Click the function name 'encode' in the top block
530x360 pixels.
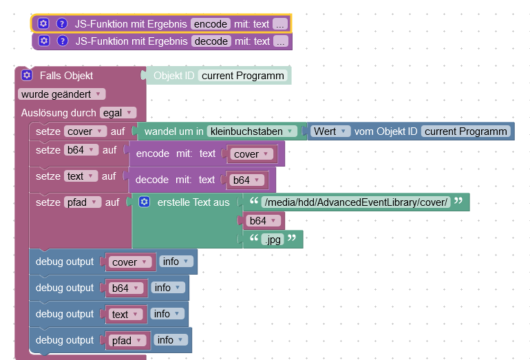click(x=210, y=24)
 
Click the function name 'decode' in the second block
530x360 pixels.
click(x=210, y=41)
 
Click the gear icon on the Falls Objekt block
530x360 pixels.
click(x=27, y=75)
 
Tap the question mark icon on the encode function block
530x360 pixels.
click(x=62, y=24)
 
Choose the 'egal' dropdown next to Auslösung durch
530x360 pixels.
click(x=118, y=112)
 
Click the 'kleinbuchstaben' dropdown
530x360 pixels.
click(x=253, y=131)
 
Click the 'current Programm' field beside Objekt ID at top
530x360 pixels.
click(x=243, y=76)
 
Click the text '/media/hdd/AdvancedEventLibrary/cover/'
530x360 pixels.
click(x=355, y=202)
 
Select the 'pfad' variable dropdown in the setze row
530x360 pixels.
click(x=83, y=202)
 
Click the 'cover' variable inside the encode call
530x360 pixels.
click(x=250, y=154)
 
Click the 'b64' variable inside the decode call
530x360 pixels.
click(x=245, y=180)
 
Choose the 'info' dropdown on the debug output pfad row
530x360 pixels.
click(x=169, y=340)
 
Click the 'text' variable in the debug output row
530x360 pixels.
click(x=124, y=315)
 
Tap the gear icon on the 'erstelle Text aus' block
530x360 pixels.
click(x=144, y=202)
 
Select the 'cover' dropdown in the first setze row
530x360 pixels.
click(x=85, y=131)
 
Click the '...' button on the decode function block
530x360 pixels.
click(x=280, y=41)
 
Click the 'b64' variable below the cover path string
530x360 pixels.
click(x=261, y=220)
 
